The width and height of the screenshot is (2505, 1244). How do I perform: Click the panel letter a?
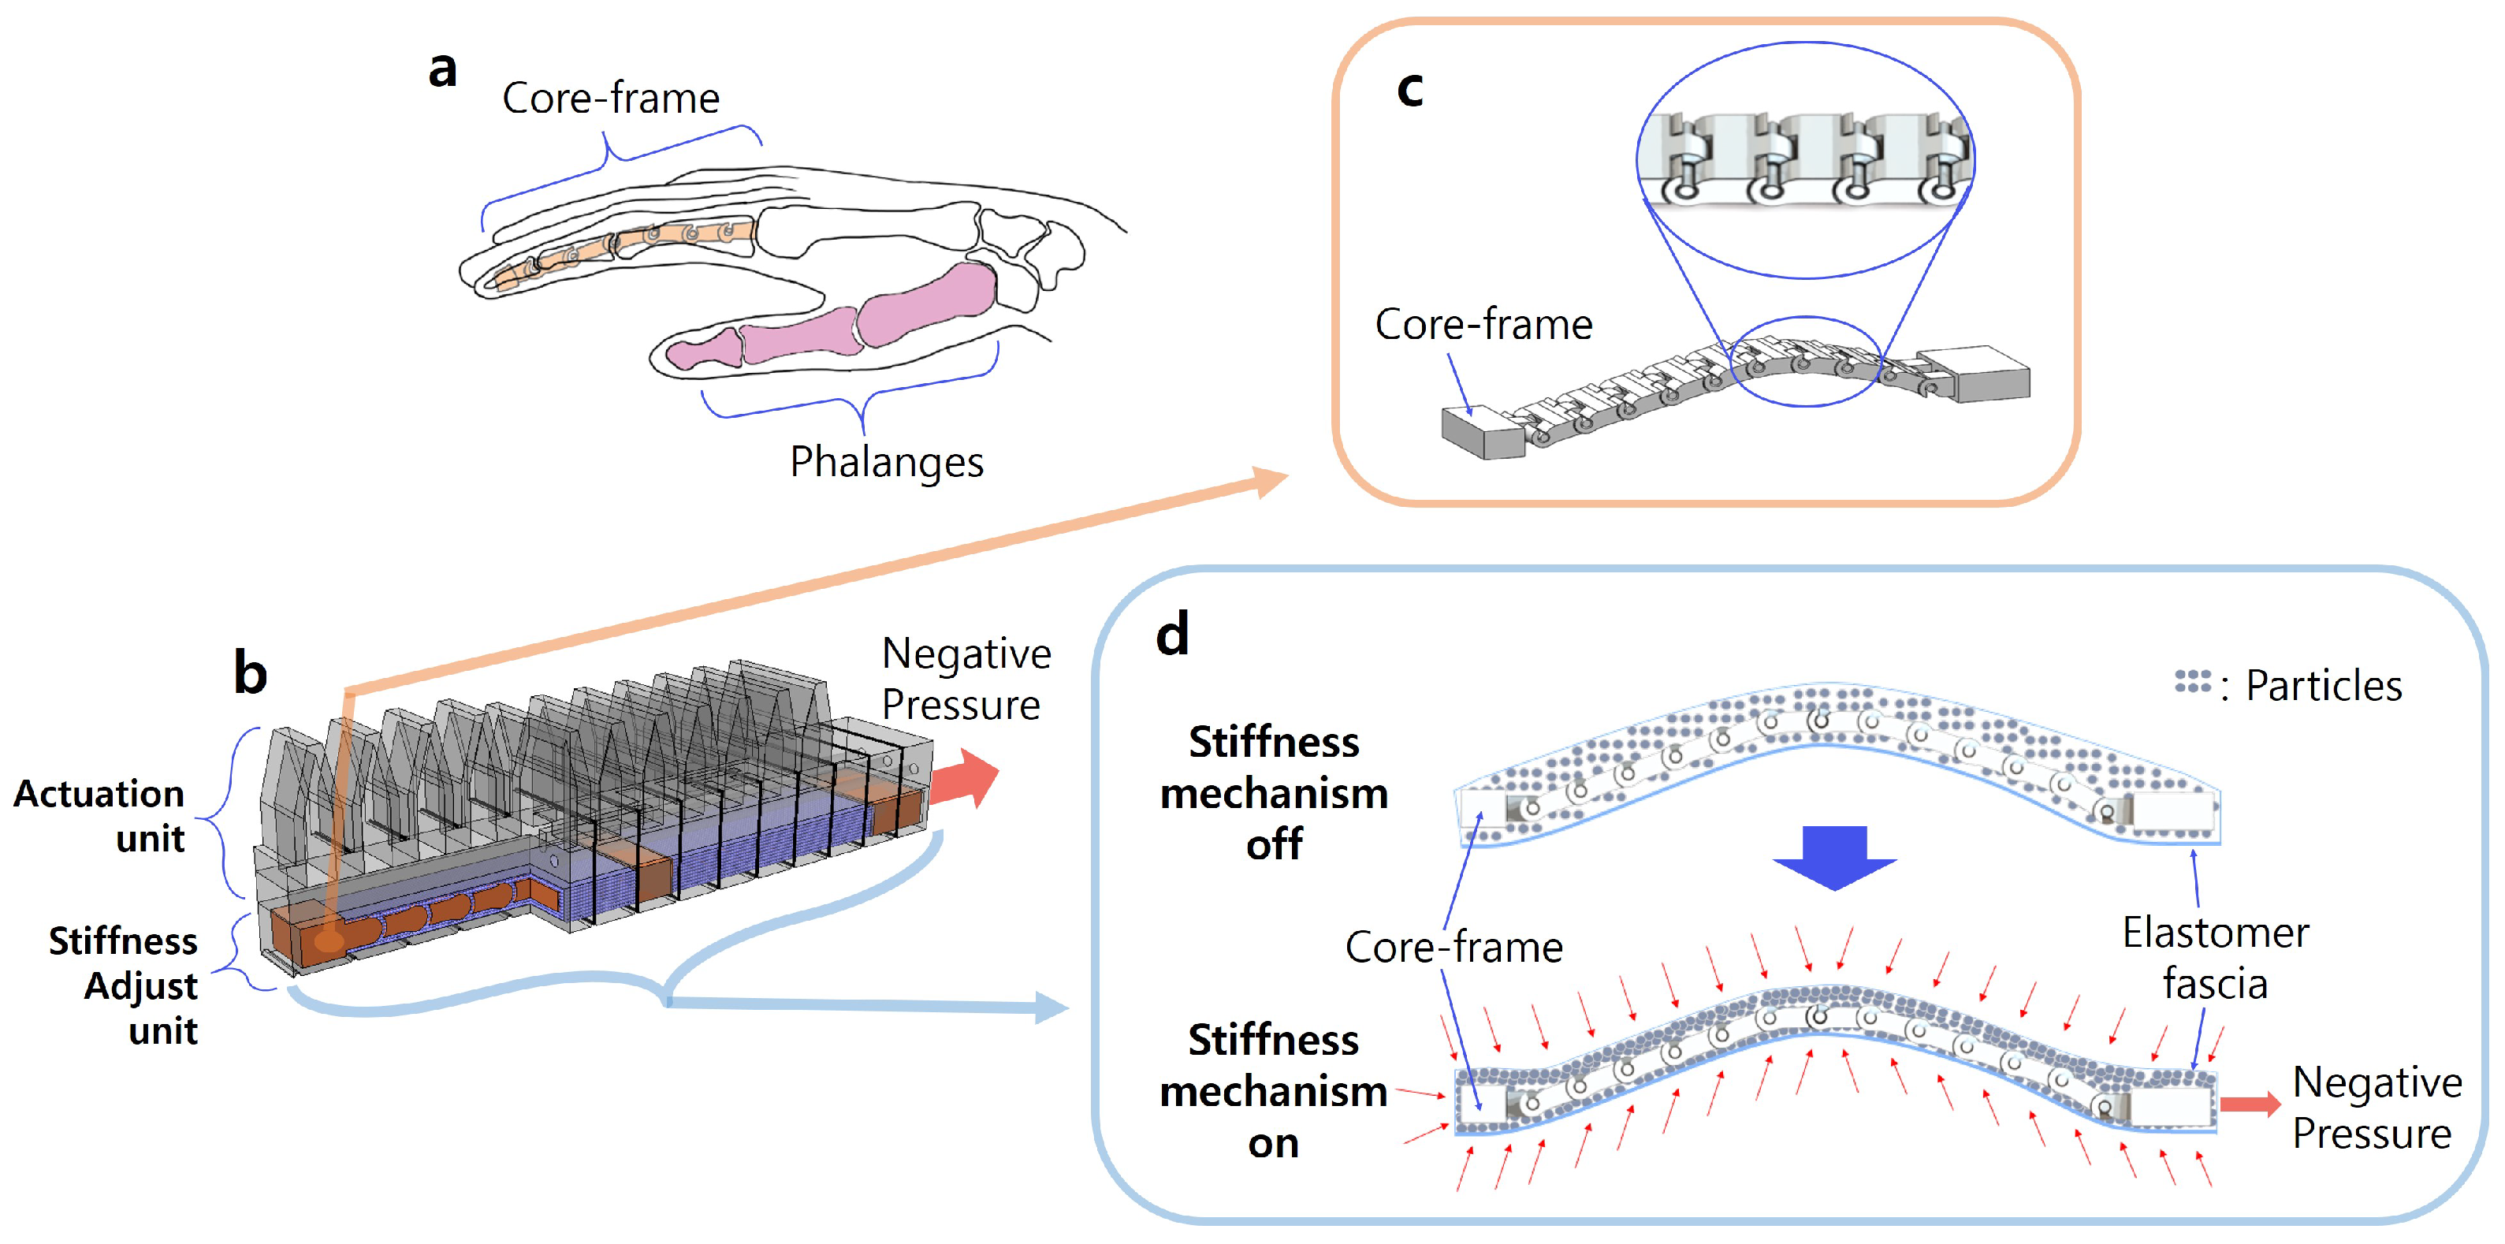click(442, 70)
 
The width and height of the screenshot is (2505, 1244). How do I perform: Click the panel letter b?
click(250, 673)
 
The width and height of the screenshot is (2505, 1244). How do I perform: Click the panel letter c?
click(1409, 90)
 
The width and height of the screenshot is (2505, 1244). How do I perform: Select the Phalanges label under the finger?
click(886, 462)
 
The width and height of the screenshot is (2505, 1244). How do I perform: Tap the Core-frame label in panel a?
click(610, 99)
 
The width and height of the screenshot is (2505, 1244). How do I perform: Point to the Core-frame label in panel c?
click(1483, 324)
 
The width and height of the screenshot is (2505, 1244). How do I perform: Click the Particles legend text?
click(2322, 686)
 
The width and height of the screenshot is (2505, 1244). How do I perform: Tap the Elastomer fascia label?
click(2214, 958)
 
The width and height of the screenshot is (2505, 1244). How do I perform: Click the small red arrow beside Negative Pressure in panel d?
click(2250, 1103)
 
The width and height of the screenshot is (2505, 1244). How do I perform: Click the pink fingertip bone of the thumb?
click(705, 350)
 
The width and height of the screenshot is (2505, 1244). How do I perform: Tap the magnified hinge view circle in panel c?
click(1805, 161)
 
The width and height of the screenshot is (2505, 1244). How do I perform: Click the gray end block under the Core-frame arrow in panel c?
click(1482, 433)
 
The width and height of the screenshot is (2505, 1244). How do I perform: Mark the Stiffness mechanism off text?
click(1274, 793)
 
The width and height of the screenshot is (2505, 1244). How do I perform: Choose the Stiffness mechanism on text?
click(1274, 1091)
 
